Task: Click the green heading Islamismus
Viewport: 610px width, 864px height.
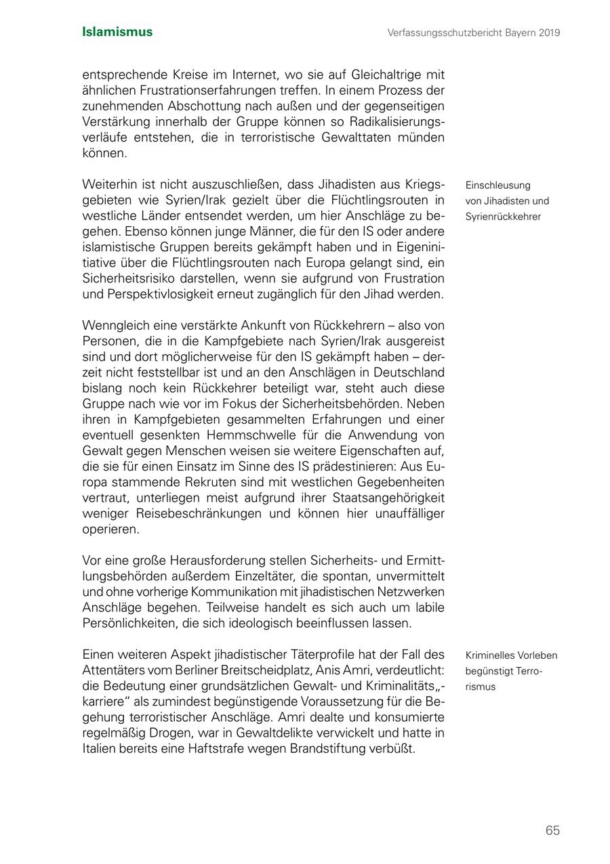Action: [117, 32]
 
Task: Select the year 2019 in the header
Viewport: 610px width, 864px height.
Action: [550, 33]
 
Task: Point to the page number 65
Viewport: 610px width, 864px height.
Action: [552, 830]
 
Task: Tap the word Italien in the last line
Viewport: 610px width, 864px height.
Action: [99, 749]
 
